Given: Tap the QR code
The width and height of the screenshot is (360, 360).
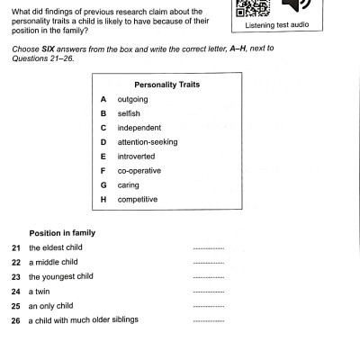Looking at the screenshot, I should coord(249,7).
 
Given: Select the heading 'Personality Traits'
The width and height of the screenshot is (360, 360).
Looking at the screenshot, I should coord(166,85).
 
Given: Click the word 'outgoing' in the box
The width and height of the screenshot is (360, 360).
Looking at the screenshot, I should coord(132,99).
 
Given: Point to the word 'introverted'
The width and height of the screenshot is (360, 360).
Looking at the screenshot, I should coord(136,157).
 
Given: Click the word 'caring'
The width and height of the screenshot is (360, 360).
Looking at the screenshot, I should coord(128,185).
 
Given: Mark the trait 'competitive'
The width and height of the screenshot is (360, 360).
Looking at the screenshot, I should coord(138,200).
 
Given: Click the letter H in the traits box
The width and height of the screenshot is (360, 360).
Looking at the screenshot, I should coord(104,200).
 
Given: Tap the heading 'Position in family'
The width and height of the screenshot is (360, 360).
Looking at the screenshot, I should coord(62,233).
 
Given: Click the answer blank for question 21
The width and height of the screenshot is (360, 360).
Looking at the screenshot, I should coord(208,248).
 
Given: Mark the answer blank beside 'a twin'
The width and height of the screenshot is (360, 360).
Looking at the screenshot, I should coord(208,292).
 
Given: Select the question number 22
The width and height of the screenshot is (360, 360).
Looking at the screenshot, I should coord(16,262).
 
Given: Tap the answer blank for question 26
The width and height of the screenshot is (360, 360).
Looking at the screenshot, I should coord(208,320).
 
